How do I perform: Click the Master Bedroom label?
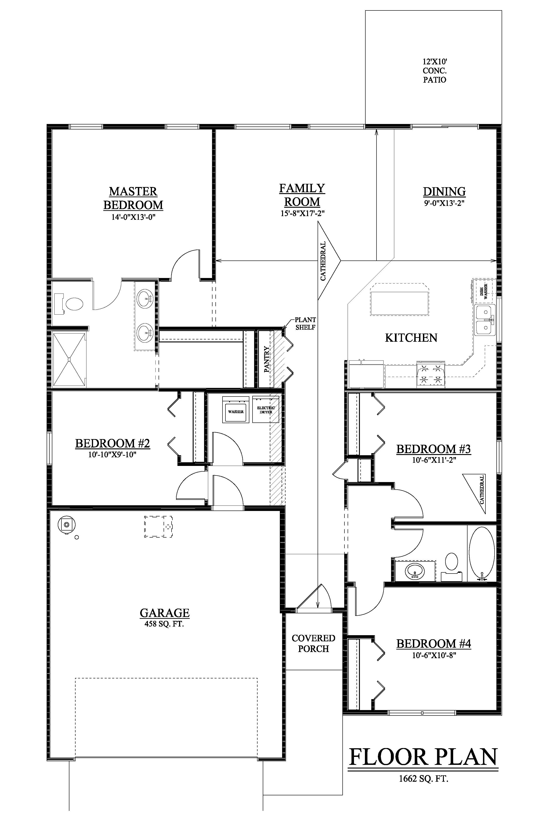tap(133, 198)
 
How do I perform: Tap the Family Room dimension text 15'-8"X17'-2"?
tap(302, 213)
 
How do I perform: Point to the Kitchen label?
tap(411, 337)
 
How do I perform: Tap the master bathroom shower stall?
tap(69, 359)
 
